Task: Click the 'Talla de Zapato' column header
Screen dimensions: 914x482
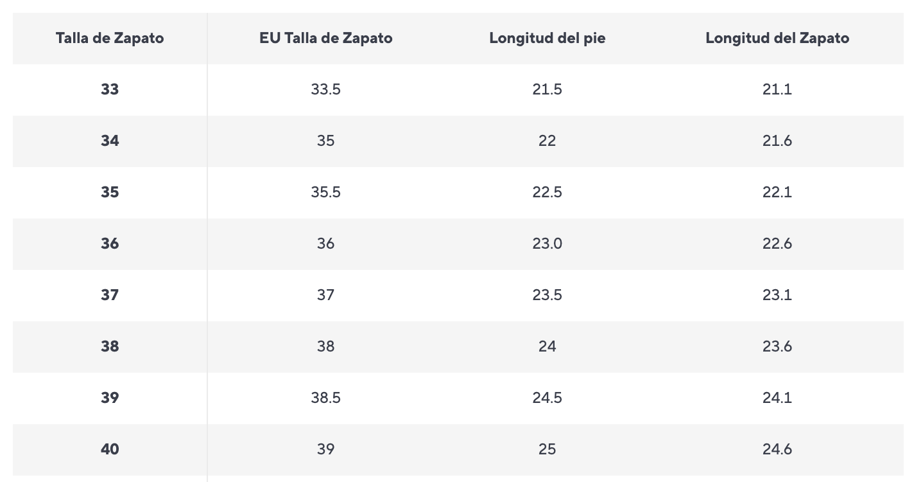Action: [x=110, y=38]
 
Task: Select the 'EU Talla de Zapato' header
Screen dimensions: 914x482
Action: [x=325, y=38]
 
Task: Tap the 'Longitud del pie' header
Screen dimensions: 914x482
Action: [x=547, y=38]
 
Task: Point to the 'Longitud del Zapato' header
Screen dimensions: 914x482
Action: [x=777, y=38]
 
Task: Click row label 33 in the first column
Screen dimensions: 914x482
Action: [x=110, y=89]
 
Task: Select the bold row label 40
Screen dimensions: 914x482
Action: [x=110, y=449]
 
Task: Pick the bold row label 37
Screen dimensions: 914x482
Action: [x=110, y=295]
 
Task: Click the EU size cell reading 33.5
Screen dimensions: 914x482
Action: [x=325, y=89]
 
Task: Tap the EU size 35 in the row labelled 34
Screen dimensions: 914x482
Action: [x=325, y=141]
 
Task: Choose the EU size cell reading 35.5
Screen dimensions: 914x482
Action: [x=325, y=192]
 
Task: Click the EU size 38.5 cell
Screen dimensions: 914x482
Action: [x=325, y=398]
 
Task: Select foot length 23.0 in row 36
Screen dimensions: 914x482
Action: [x=547, y=244]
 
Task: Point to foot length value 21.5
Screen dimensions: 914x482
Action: [x=547, y=89]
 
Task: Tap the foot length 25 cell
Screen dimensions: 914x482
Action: [x=547, y=449]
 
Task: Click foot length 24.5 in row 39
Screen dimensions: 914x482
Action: [x=547, y=398]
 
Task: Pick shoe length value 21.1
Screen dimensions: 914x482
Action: [x=777, y=89]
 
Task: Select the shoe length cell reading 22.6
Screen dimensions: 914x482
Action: [x=777, y=244]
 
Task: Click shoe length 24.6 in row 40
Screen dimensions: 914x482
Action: [x=777, y=449]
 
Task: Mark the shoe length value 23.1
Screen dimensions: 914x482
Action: [x=777, y=295]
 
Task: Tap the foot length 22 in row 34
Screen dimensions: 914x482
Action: [x=547, y=141]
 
